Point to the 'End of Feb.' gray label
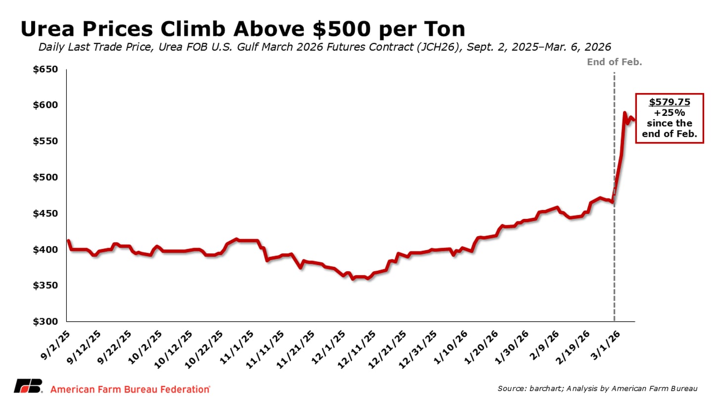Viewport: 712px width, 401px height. tap(614, 62)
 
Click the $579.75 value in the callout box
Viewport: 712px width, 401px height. tap(669, 102)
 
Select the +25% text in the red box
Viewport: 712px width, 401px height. tap(669, 112)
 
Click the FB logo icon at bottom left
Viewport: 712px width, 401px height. tap(28, 386)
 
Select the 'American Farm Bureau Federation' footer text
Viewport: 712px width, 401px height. tap(131, 389)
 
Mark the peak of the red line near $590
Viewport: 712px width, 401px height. tap(624, 113)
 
